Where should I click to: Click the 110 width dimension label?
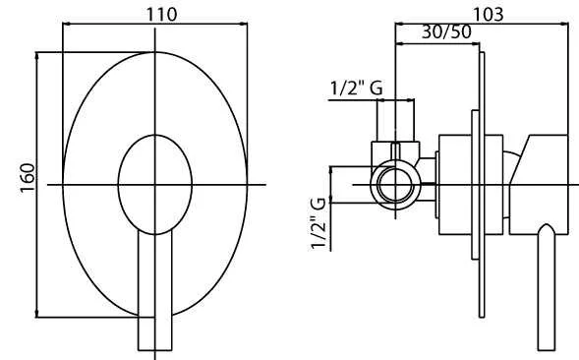[162, 15]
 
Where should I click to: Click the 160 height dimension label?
[28, 178]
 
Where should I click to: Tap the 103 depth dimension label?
[488, 15]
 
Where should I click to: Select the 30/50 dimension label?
[446, 32]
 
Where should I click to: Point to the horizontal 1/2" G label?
[356, 89]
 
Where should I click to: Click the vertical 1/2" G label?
[318, 223]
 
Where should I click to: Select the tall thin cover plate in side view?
[482, 185]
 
